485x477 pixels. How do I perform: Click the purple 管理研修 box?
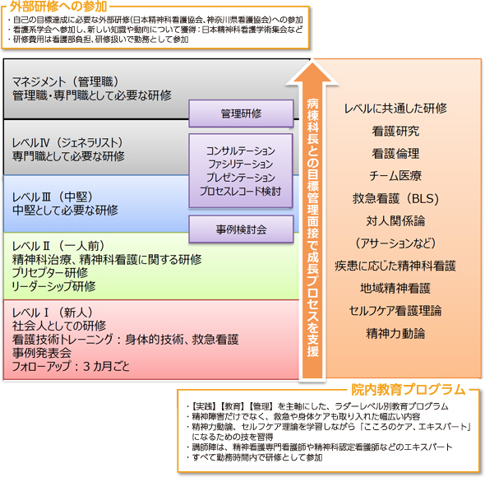pos(241,113)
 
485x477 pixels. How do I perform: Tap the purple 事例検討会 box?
pos(241,229)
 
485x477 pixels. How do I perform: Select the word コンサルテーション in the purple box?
pos(241,151)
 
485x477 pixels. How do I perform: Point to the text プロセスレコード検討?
pos(240,191)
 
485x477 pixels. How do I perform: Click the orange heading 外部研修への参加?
pos(58,7)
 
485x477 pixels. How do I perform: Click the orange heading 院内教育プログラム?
pos(409,389)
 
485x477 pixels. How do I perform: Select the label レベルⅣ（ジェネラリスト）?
pos(67,143)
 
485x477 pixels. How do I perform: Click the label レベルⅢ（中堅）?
pos(53,197)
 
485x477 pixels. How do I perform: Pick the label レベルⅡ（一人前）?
pos(58,246)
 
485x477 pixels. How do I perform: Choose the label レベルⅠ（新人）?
pos(53,313)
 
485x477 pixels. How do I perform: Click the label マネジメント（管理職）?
pos(65,81)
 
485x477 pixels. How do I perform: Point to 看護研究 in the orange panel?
pos(395,131)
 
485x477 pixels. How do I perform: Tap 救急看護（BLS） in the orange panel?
pos(395,198)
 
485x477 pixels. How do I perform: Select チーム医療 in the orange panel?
pos(395,176)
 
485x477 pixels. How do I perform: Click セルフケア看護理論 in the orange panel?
pos(395,311)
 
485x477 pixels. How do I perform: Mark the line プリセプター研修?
pos(50,273)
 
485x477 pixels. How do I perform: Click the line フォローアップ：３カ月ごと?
pos(71,366)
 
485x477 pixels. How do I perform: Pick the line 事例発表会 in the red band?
pos(42,353)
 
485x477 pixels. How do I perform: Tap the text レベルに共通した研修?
pos(395,108)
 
